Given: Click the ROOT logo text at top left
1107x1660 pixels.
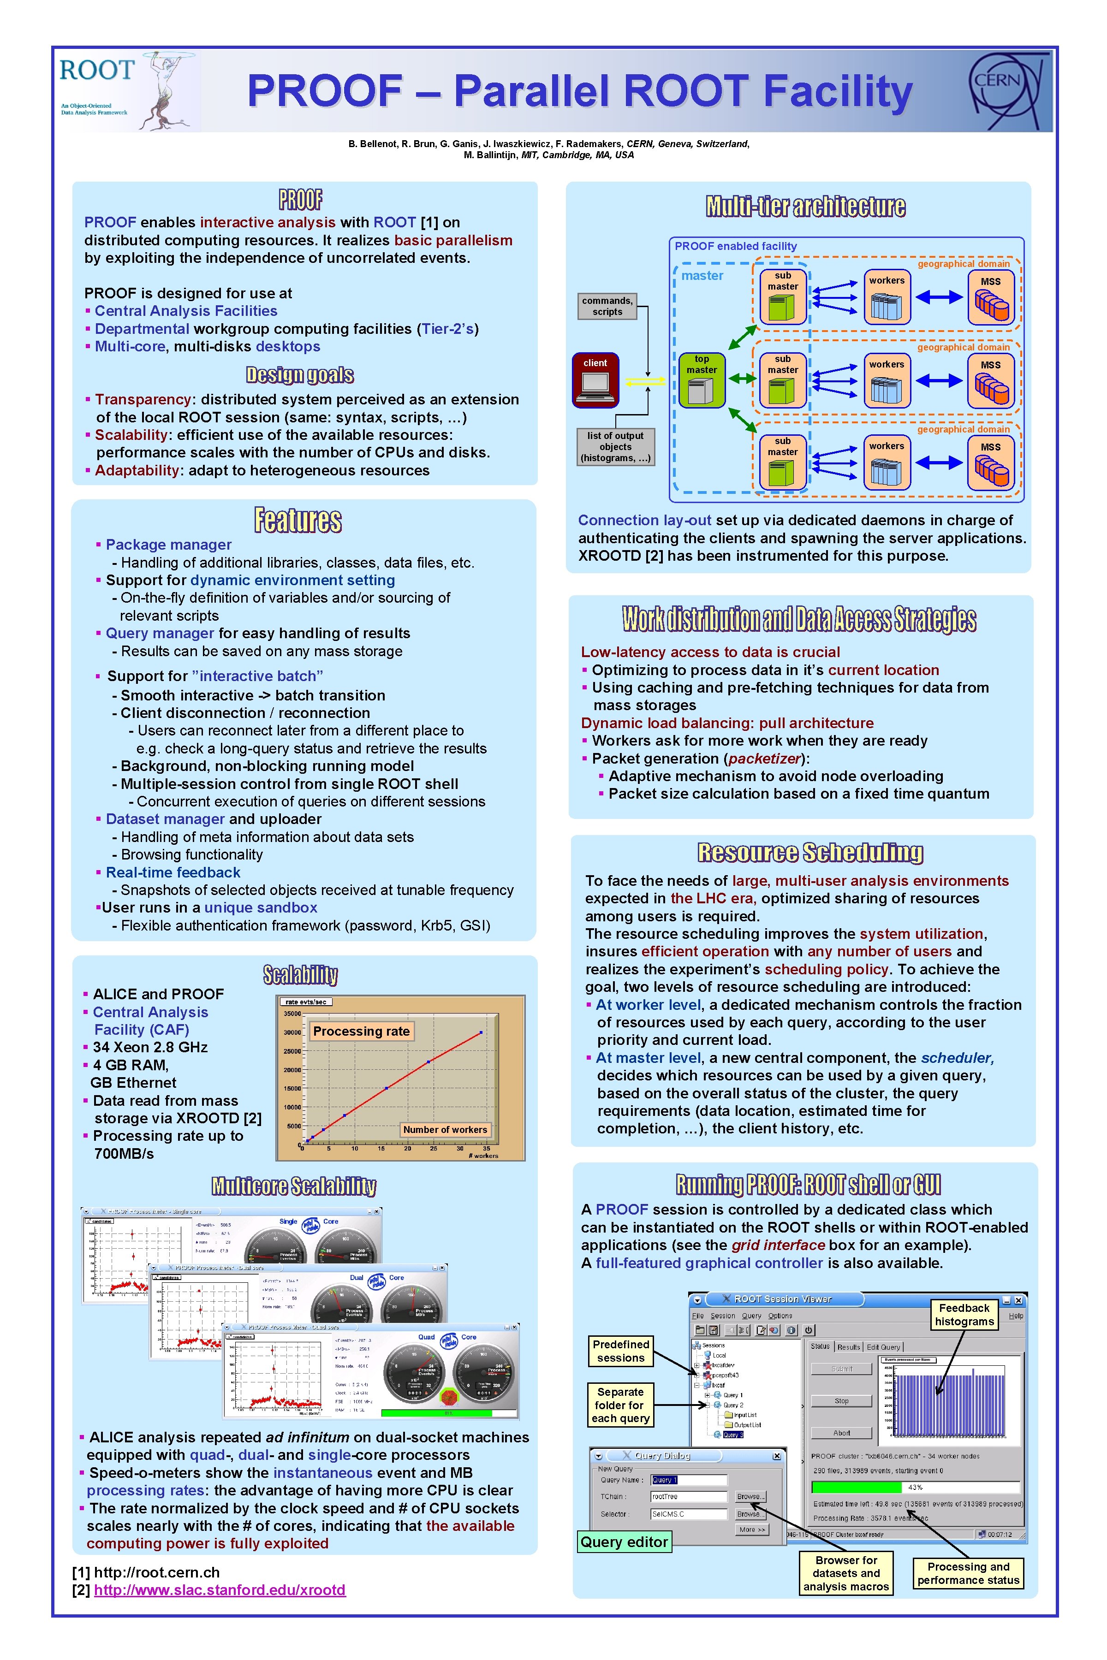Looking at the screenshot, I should (97, 71).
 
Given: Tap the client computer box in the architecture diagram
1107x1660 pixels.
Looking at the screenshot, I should (595, 379).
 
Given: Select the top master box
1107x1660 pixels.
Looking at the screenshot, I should (701, 379).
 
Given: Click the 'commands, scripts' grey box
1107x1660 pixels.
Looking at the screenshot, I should (607, 306).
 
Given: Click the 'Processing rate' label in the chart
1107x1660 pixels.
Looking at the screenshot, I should (361, 1031).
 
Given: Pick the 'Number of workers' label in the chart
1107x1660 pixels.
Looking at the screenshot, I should (445, 1129).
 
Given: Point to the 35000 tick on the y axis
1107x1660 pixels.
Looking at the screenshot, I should (292, 1014).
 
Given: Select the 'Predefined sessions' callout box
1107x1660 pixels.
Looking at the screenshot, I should (620, 1351).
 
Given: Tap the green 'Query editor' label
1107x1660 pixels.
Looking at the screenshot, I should (624, 1541).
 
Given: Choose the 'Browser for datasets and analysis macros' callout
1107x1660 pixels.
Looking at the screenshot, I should (846, 1573).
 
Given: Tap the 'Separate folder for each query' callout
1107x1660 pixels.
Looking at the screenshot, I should (620, 1405).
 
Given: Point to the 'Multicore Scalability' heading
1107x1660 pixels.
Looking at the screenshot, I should (294, 1185).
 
